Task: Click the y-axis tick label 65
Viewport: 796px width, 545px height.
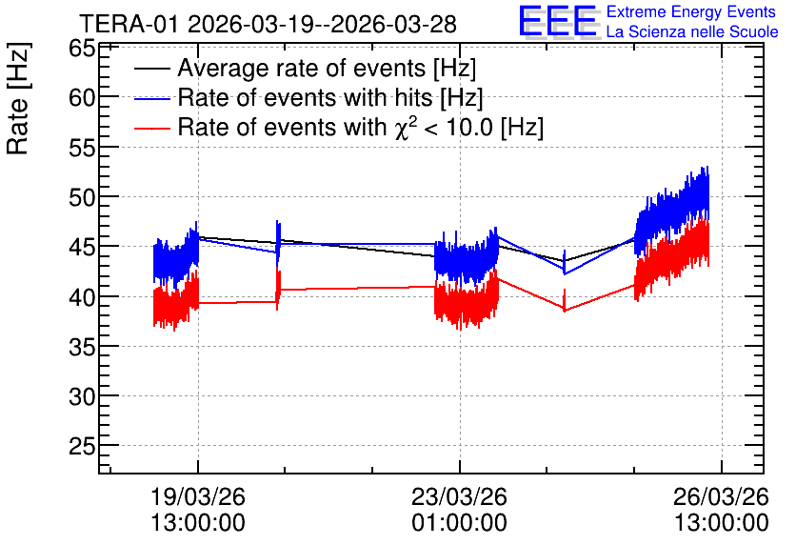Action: click(82, 50)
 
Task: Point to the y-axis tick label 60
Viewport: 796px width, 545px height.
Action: click(82, 97)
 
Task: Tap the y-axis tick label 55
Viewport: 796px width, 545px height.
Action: click(82, 148)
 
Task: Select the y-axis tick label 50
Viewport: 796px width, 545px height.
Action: click(82, 197)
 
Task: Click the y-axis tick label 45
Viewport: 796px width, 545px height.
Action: click(82, 247)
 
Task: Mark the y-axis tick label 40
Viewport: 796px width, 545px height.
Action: click(82, 296)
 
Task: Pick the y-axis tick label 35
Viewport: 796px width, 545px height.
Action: click(82, 347)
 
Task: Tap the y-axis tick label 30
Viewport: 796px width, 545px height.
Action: click(82, 396)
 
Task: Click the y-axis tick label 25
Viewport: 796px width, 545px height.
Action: click(82, 446)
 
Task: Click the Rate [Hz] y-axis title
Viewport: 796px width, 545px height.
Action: click(18, 98)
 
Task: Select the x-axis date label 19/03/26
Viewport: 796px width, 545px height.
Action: click(198, 496)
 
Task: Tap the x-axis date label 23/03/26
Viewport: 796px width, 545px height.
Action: click(460, 496)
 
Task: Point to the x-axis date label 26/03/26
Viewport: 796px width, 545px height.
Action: click(722, 496)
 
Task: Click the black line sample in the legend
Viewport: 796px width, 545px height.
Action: click(151, 69)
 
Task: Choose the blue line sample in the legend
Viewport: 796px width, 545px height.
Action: click(151, 98)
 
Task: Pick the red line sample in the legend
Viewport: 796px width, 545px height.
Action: click(151, 128)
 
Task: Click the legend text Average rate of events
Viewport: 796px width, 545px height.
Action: click(302, 68)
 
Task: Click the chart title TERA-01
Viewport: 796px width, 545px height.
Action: click(129, 25)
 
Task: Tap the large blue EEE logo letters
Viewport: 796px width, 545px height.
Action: click(558, 21)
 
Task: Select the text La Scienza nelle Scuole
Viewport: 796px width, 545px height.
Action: click(692, 32)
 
